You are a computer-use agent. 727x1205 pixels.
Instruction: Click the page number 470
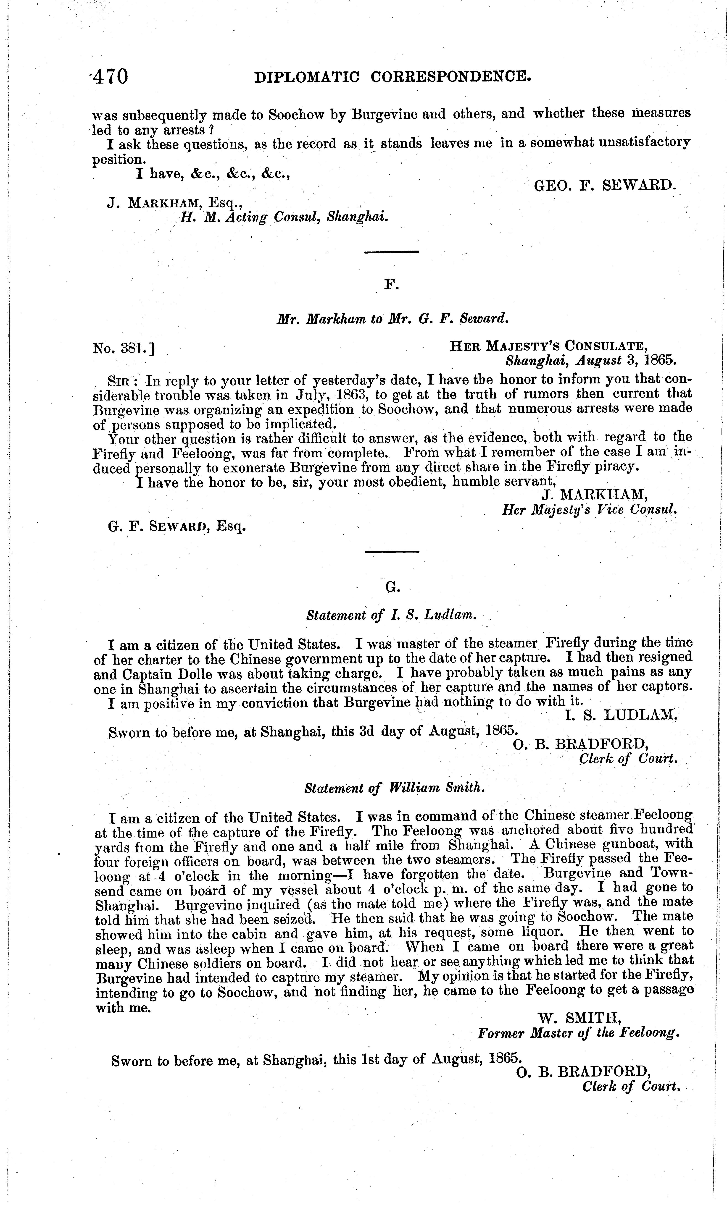[111, 77]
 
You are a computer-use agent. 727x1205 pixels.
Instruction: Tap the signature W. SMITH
[580, 1018]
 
